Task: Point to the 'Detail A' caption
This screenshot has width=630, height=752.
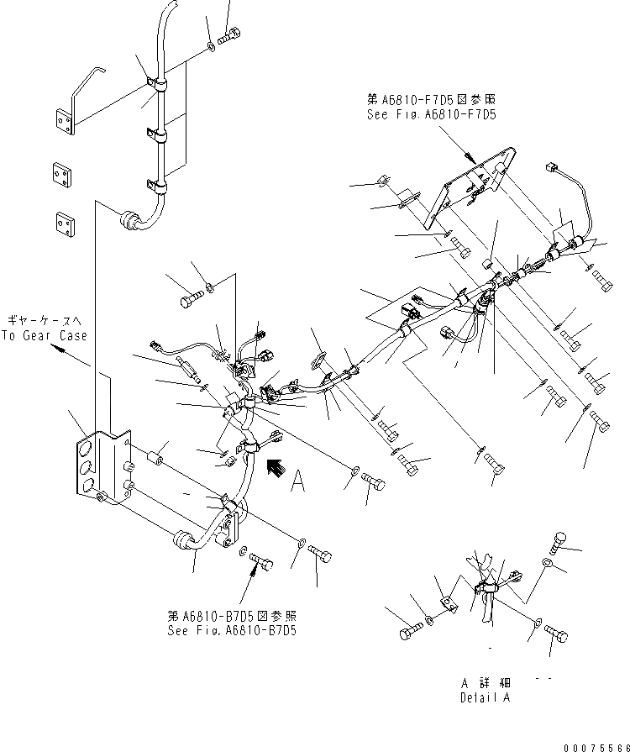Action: point(484,697)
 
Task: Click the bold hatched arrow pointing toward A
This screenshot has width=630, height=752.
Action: point(273,467)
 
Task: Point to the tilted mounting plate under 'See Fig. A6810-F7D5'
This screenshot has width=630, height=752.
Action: point(466,190)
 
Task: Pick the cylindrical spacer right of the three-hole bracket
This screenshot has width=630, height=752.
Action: point(156,461)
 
